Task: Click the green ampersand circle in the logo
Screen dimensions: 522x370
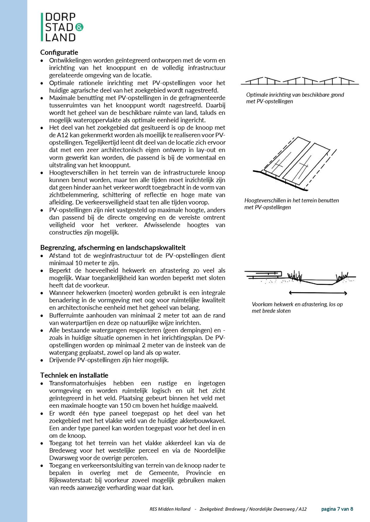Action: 79,27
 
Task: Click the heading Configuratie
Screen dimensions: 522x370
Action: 59,53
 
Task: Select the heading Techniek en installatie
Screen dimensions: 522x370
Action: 74,375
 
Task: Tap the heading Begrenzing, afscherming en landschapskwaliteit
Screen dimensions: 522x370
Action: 113,248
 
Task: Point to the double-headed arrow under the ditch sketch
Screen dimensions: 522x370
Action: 318,293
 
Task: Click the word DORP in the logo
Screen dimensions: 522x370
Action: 60,17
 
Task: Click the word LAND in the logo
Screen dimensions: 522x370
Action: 60,38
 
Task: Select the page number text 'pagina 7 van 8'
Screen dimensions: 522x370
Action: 337,509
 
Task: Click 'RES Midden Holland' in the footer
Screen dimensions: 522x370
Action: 170,509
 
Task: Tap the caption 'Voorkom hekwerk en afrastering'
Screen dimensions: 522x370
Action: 297,304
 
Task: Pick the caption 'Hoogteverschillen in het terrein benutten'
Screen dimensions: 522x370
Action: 291,201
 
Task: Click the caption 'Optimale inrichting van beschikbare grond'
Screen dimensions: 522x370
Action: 295,95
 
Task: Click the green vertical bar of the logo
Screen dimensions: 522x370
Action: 42,27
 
